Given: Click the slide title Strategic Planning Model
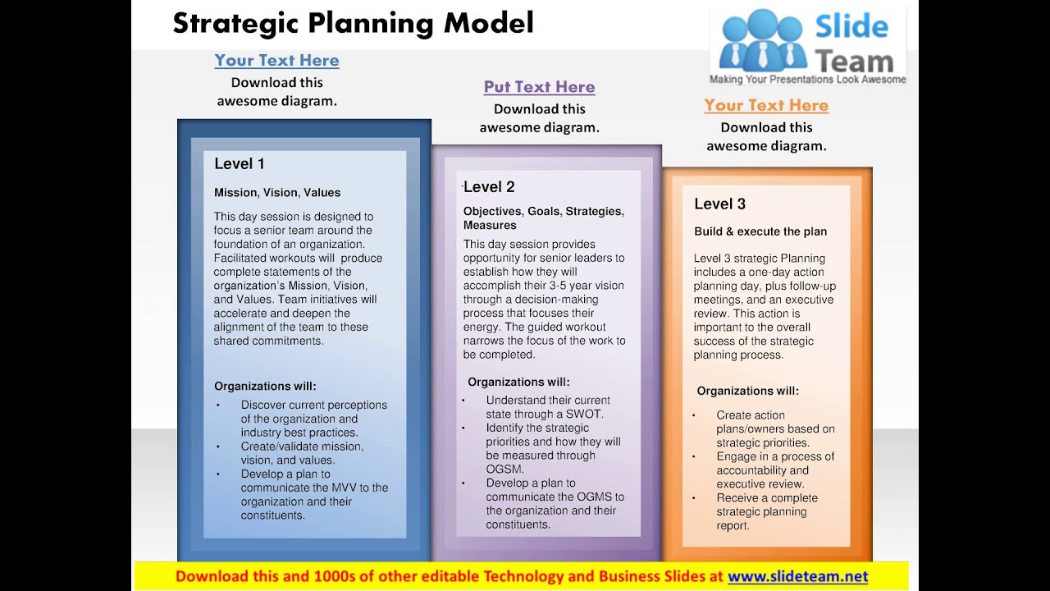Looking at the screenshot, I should click(353, 23).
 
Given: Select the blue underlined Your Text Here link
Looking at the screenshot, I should click(276, 61).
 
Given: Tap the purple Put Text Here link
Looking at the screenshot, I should click(539, 87).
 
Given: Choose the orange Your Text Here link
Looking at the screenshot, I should click(766, 106).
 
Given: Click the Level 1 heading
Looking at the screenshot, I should click(240, 164).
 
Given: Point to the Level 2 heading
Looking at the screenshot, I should click(490, 187).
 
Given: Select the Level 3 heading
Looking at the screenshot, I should click(719, 204).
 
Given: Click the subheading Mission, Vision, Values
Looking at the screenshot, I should click(277, 193).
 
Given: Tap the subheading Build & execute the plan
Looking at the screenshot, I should click(760, 231).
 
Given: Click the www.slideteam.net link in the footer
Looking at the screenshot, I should click(797, 577).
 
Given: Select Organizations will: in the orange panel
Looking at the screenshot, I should click(747, 392).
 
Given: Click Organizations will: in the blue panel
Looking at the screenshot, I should click(265, 387).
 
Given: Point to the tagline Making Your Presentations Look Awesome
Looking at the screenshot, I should click(807, 80).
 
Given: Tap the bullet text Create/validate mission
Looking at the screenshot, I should click(302, 447).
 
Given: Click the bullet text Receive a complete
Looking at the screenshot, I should click(767, 498).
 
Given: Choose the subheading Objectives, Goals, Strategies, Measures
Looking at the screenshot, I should click(543, 218).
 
